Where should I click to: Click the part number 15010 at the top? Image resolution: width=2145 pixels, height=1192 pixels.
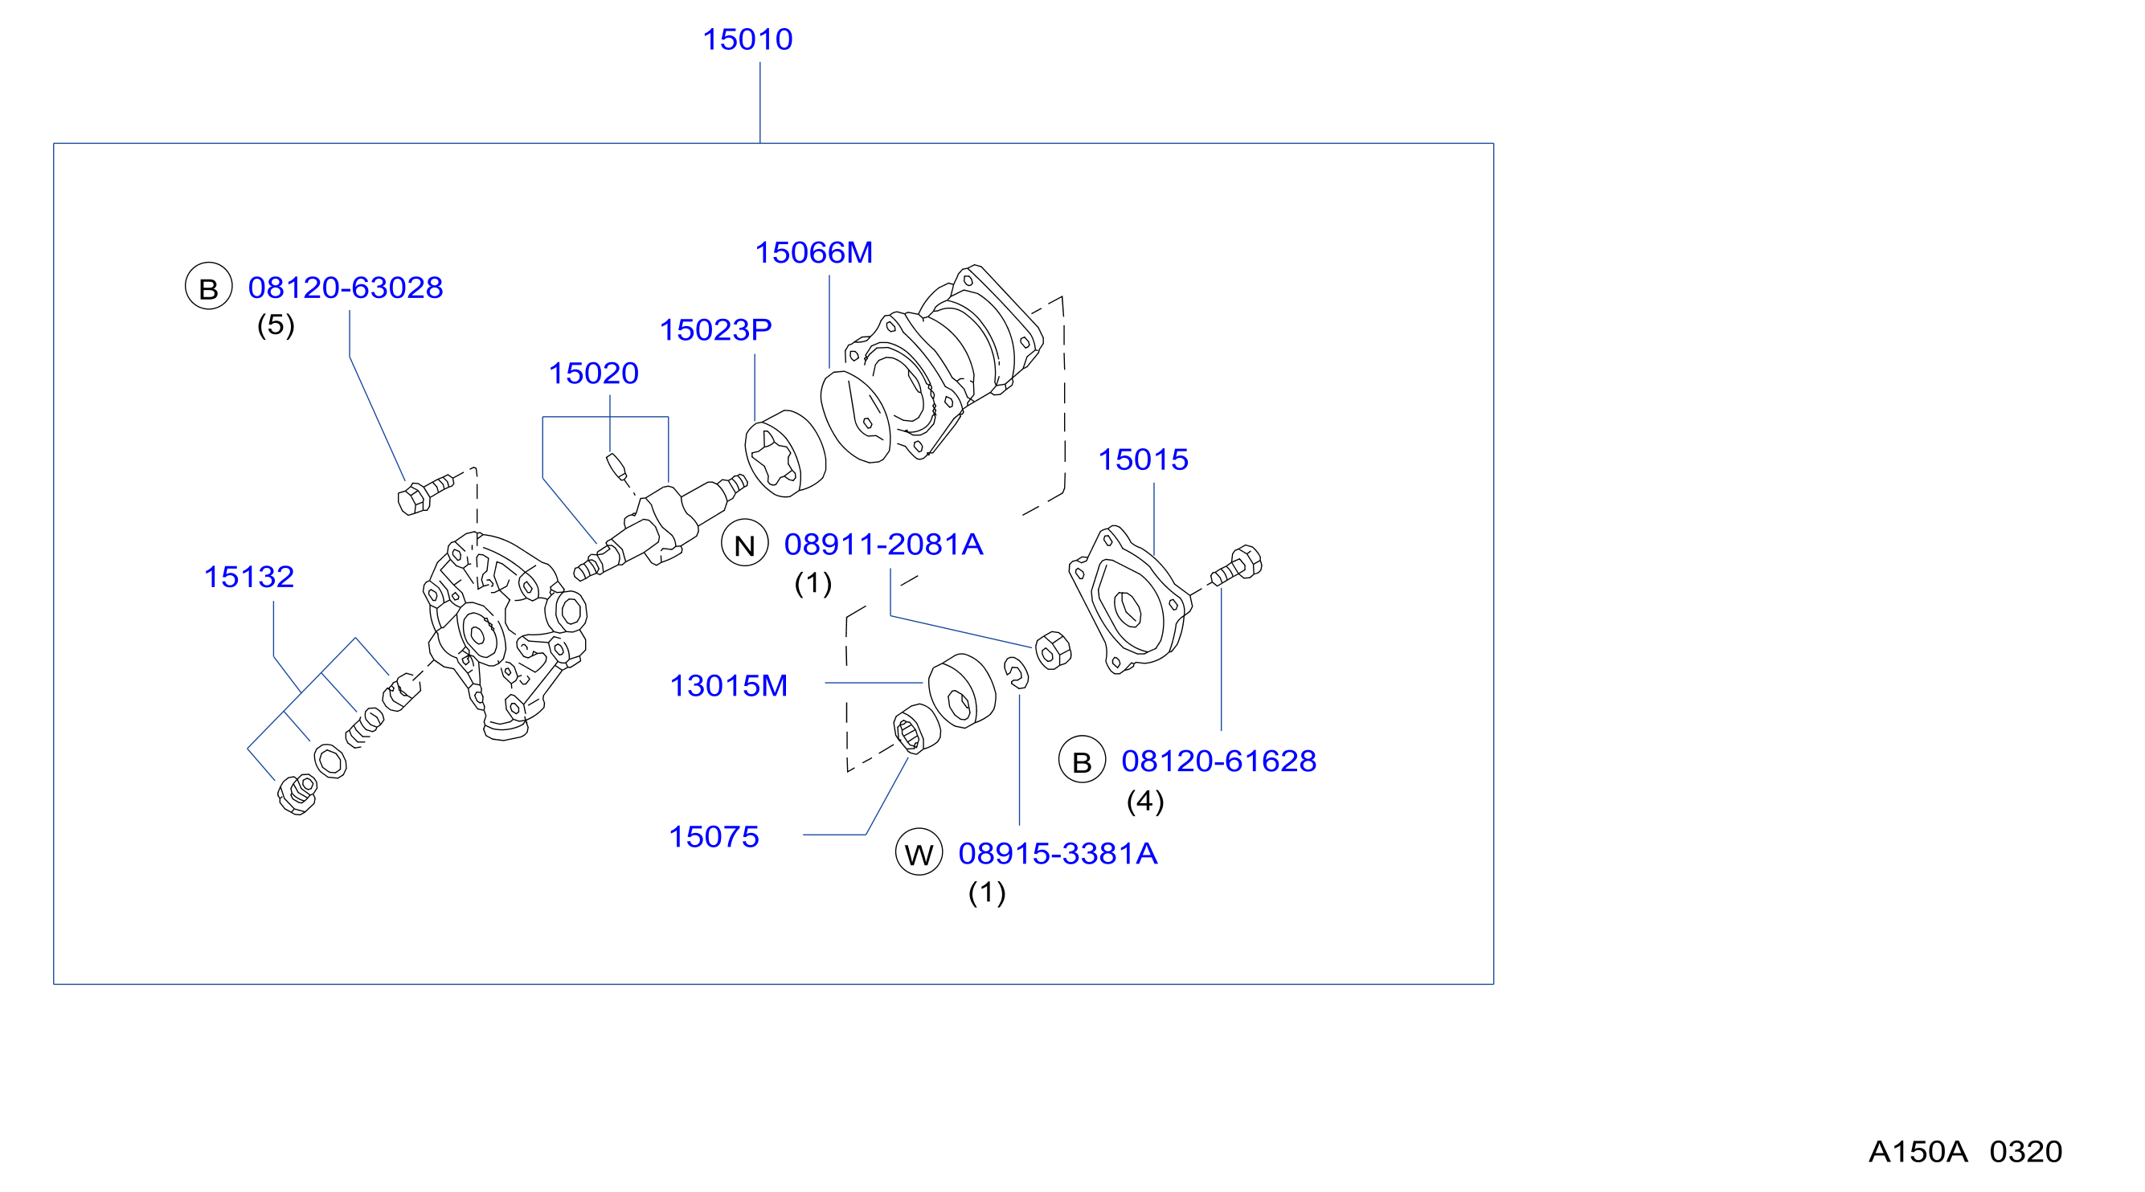click(747, 39)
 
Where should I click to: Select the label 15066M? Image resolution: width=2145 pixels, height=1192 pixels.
click(813, 252)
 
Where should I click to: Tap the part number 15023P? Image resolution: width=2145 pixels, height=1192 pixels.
click(715, 329)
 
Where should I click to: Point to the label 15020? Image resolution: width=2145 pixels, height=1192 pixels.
click(593, 373)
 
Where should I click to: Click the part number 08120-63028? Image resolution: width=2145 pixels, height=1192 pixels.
click(346, 288)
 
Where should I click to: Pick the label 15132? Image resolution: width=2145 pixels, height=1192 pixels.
click(249, 577)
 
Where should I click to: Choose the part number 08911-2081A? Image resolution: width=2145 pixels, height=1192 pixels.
click(883, 545)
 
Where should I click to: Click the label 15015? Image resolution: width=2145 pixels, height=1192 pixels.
click(1144, 459)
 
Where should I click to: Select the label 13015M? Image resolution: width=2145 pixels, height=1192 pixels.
click(729, 686)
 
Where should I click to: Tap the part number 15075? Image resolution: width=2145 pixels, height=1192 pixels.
click(714, 836)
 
